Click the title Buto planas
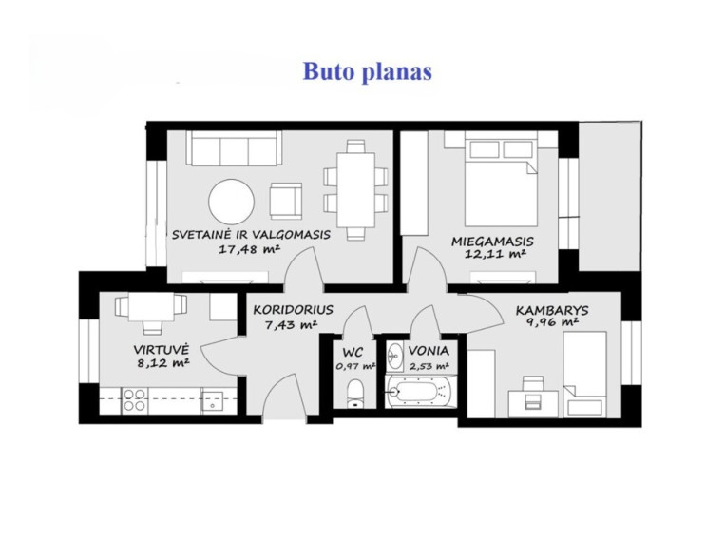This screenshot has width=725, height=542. tap(367, 71)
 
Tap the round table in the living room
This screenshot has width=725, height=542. tap(231, 202)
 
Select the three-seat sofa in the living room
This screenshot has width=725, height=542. tap(234, 147)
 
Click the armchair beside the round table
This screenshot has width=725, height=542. tap(286, 201)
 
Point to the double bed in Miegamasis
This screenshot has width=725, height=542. tap(501, 182)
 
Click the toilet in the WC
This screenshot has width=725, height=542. tap(355, 394)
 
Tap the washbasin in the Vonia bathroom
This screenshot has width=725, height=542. tap(394, 357)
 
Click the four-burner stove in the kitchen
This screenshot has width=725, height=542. tap(135, 400)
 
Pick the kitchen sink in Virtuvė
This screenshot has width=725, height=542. tap(212, 402)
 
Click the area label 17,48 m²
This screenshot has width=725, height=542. tap(249, 249)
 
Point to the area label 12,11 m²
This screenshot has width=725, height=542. tap(495, 254)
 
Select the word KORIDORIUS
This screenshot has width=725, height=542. tap(294, 309)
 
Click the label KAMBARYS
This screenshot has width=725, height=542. tap(552, 310)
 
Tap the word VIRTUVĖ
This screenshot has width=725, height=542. tap(161, 349)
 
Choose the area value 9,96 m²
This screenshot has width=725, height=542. tap(552, 322)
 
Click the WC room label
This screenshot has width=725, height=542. tap(353, 352)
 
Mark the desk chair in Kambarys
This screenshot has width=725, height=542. tap(533, 393)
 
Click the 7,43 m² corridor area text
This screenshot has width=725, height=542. tap(291, 324)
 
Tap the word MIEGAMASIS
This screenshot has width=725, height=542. tap(492, 242)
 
